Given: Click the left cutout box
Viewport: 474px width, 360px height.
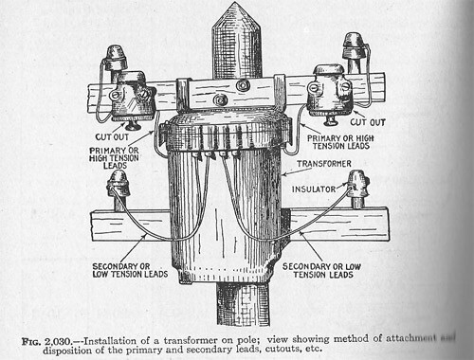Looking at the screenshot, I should (129, 97).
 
